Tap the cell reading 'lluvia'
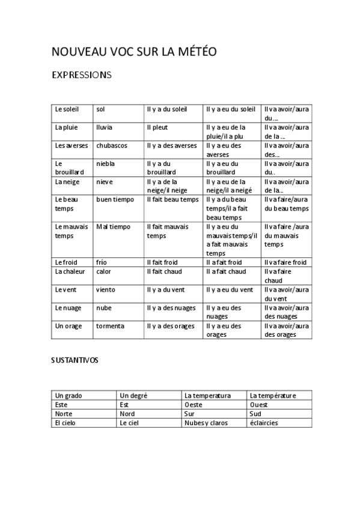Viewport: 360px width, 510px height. [x=104, y=127]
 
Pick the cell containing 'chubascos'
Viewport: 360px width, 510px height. [x=111, y=146]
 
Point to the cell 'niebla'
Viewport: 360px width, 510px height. [x=105, y=164]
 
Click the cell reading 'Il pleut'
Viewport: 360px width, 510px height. [x=157, y=127]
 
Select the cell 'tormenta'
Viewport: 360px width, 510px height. [x=110, y=326]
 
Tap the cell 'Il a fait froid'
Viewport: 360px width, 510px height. [x=224, y=262]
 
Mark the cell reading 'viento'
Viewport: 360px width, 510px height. [x=105, y=290]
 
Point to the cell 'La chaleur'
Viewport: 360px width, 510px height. [x=70, y=271]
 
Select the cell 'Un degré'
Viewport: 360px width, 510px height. [x=134, y=396]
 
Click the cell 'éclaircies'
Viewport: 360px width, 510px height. [x=264, y=423]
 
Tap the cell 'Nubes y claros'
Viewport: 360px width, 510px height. [x=206, y=423]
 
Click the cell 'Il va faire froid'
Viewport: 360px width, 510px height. [x=285, y=262]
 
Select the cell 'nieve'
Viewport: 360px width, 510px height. [x=105, y=182]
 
